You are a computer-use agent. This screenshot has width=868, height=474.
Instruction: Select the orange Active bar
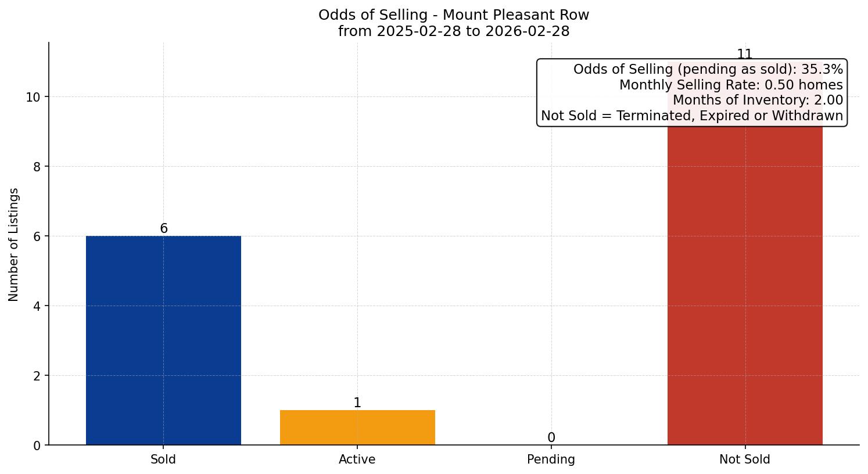coord(357,428)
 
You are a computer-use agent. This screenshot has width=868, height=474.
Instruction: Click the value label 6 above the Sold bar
coord(164,228)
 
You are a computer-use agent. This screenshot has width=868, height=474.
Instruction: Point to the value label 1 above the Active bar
coord(357,403)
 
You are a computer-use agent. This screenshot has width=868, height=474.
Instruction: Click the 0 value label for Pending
coord(551,437)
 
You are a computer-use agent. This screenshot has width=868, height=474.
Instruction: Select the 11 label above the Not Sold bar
coord(745,54)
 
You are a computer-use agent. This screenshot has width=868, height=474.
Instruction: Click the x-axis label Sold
coord(163,459)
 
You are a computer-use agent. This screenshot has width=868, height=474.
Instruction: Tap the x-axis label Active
coord(357,459)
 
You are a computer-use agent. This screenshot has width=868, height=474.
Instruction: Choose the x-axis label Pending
coord(551,459)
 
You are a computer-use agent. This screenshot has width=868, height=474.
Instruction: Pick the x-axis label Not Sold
coord(745,459)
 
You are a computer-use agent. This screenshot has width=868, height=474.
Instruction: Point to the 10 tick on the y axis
coord(33,97)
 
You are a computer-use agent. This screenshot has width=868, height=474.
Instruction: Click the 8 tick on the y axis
coord(37,167)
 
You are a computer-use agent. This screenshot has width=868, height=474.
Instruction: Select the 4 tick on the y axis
coord(37,306)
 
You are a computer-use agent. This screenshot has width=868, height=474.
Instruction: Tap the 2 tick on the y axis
coord(37,376)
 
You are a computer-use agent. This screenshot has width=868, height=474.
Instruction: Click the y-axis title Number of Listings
coord(14,244)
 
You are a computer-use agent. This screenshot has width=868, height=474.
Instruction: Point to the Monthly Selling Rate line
coord(730,85)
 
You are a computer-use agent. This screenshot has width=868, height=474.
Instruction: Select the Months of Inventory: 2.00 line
coord(757,100)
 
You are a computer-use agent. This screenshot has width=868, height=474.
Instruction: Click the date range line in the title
coord(454,31)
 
